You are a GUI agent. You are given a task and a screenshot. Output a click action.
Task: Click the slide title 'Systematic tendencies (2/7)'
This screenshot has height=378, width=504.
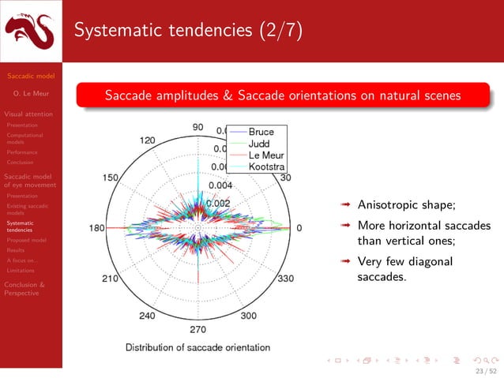pos(186,31)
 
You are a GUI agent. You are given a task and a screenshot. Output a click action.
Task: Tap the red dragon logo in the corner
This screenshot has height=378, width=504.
pos(31,32)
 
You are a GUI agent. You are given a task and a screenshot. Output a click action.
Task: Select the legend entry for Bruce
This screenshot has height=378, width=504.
pos(261,133)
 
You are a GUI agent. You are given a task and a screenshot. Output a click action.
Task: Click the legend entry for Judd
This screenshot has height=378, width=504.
pos(258,144)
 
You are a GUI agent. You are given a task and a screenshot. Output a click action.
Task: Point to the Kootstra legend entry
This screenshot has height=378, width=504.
pos(266,167)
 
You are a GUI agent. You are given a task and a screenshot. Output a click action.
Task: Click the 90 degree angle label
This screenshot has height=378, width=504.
pos(197,126)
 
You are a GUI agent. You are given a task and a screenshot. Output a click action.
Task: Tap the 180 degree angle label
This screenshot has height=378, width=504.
pos(96,228)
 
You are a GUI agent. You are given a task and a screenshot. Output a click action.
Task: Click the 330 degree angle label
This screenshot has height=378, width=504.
pos(286,279)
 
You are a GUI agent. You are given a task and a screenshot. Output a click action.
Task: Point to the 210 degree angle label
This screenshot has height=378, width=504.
pos(111,279)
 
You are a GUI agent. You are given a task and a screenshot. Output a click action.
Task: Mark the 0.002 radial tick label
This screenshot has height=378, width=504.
pos(218,203)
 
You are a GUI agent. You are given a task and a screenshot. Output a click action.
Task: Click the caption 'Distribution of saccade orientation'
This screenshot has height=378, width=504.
pos(198,347)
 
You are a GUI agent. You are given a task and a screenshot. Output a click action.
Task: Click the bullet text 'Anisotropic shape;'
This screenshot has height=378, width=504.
pos(406,206)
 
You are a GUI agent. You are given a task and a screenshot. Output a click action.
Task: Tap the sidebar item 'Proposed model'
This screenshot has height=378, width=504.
pos(26,240)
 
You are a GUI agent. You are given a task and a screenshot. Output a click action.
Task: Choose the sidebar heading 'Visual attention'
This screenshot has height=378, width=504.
pos(28,114)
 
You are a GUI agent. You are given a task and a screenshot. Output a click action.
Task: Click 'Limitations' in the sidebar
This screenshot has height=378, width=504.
pos(21,270)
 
